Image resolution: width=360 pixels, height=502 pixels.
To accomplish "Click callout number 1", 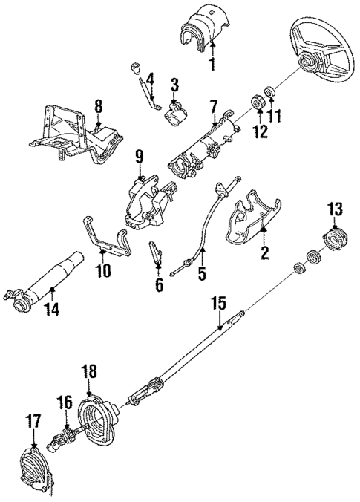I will point(212,65).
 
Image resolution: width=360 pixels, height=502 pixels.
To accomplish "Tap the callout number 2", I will point(262,253).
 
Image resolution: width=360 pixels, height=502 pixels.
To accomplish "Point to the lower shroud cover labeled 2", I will point(253,219).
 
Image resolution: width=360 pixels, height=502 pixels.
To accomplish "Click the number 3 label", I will point(174,83).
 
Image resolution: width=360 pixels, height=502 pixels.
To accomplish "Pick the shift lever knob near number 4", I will point(137,69).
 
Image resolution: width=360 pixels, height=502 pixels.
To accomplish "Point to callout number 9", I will point(139,157).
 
